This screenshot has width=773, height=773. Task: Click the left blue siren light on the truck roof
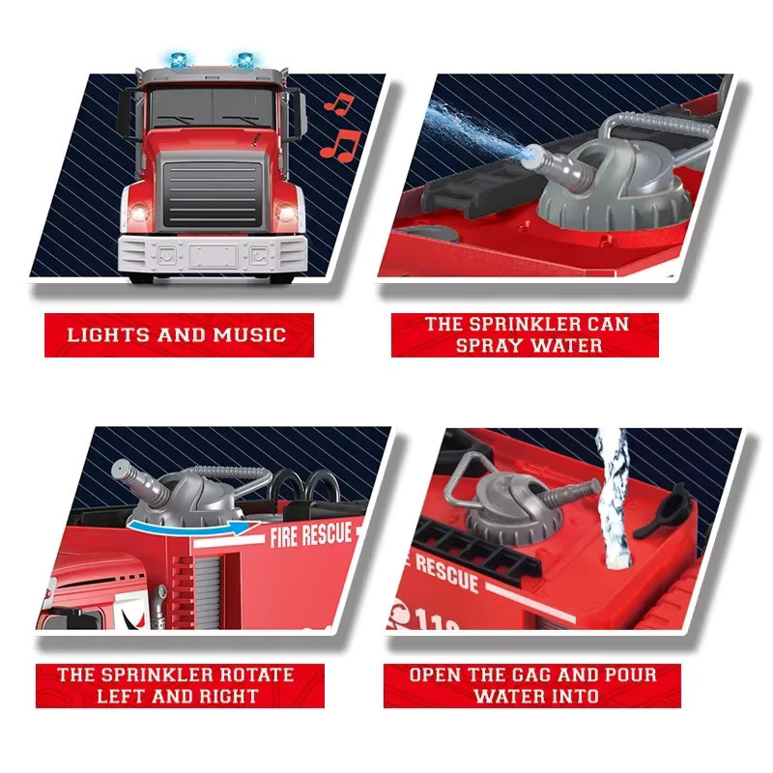179,60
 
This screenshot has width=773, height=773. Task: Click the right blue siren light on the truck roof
245,59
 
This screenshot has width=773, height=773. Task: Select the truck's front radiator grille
213,194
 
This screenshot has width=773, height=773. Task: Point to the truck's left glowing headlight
139,213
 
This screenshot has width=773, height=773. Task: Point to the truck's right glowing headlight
286,212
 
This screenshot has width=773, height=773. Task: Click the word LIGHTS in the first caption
108,335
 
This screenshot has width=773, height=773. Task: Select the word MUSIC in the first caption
249,335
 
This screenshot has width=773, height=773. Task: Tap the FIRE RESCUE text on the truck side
311,535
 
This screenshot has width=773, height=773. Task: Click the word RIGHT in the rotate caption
229,696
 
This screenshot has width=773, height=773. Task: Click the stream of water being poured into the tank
613,498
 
